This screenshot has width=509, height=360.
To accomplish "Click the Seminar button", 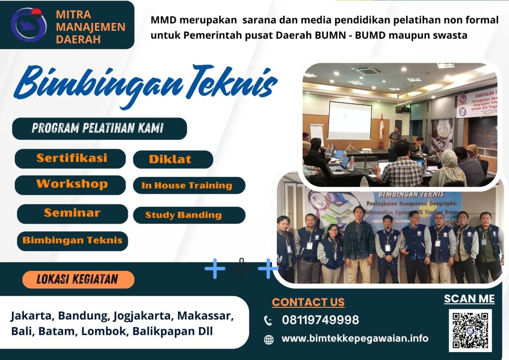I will (72, 213).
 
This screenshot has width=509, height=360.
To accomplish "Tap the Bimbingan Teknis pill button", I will (72, 241).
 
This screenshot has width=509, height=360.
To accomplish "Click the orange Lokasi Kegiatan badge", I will (79, 279).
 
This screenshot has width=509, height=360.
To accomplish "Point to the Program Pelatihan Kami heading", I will (99, 128).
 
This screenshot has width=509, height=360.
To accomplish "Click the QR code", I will (470, 330).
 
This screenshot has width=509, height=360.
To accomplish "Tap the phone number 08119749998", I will (320, 320).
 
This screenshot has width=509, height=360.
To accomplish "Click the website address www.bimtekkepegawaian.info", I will (354, 339).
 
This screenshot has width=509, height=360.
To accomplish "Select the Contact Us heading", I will (308, 302).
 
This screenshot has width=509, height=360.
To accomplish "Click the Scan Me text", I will (469, 299).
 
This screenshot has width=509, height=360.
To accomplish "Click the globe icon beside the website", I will (268, 340).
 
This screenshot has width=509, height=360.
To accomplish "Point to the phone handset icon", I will (268, 321).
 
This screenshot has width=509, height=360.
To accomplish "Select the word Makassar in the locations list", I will (205, 316).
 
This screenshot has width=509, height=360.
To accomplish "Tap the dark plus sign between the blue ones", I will (242, 269).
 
